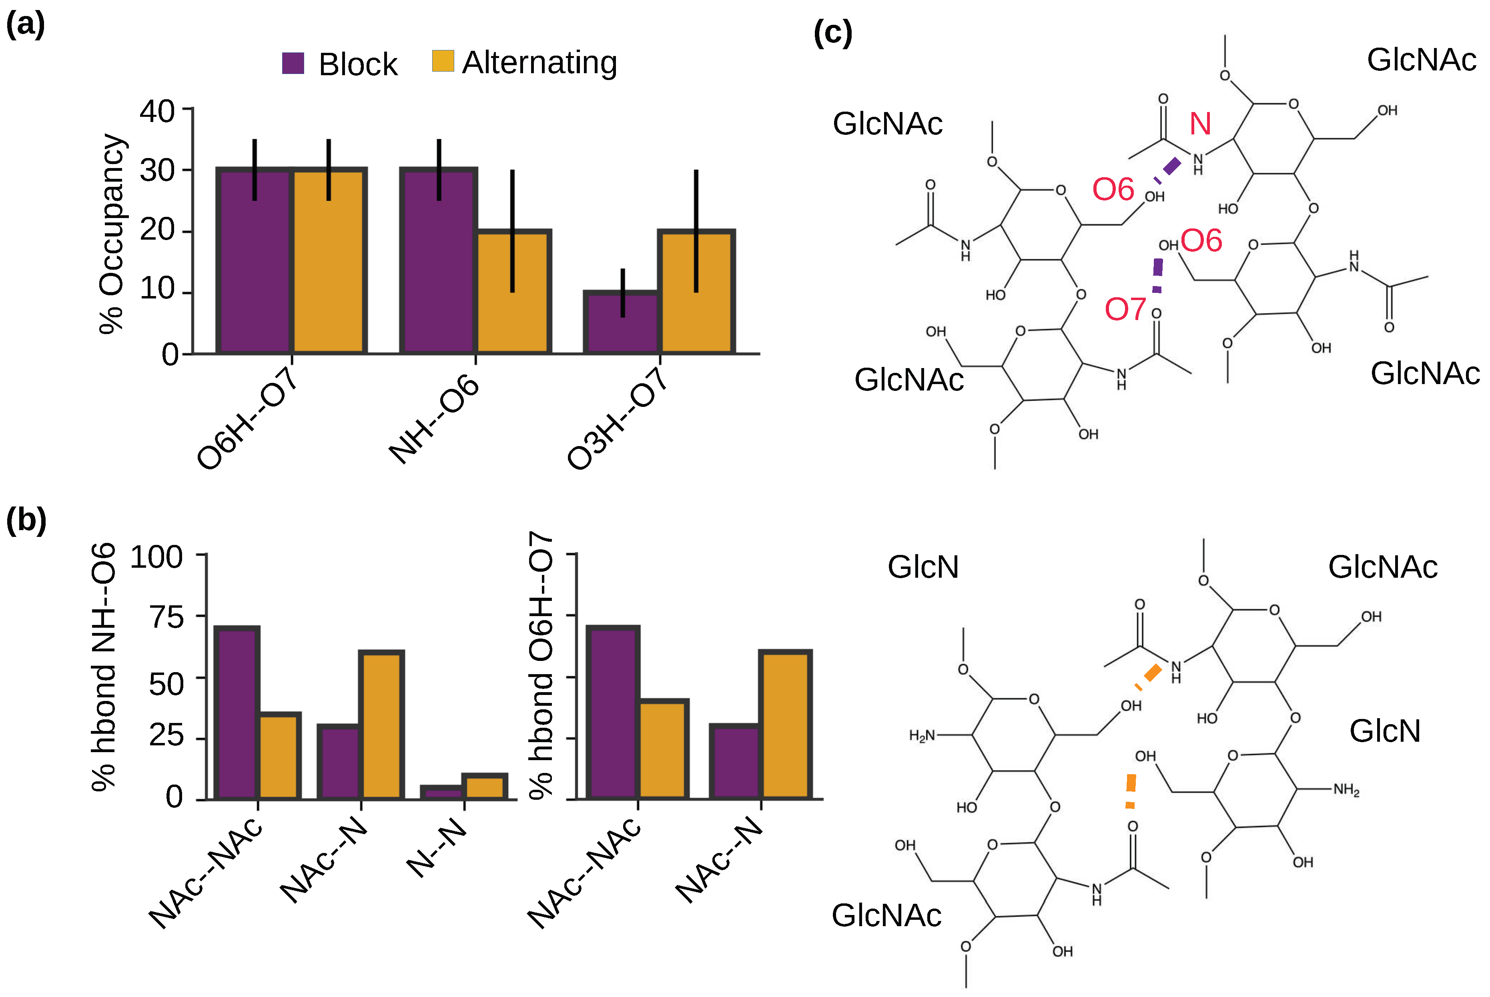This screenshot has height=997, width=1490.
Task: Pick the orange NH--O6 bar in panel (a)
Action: click(x=513, y=291)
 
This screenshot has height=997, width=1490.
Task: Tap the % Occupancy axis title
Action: click(x=112, y=233)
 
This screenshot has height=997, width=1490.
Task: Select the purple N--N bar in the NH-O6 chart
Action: click(x=442, y=792)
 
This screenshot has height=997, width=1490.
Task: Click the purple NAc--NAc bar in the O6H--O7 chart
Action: click(x=612, y=712)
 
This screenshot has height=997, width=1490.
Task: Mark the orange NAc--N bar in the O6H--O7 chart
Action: click(x=785, y=725)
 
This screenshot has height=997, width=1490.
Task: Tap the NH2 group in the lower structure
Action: click(x=1346, y=790)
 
